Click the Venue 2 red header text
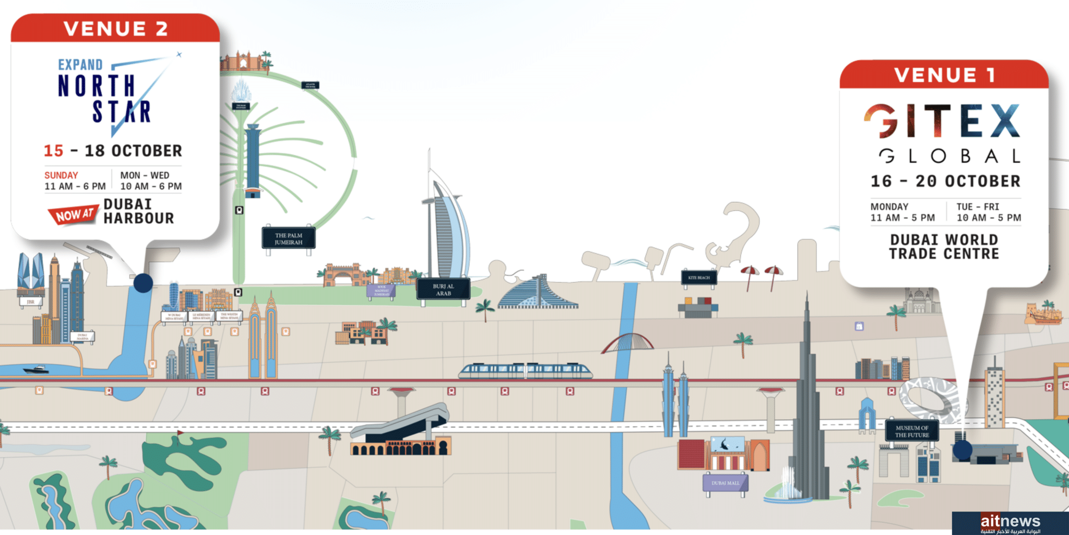(116, 29)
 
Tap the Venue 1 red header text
(944, 75)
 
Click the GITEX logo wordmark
(942, 121)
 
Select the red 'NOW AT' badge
(73, 214)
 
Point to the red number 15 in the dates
(53, 151)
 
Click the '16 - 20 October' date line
(945, 181)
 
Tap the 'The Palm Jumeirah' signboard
(289, 239)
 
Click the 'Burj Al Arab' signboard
(443, 289)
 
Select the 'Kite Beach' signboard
(699, 277)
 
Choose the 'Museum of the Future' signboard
(912, 431)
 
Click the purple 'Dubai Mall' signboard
(726, 483)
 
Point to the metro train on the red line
(526, 371)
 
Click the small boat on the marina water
(36, 370)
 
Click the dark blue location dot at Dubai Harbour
(143, 283)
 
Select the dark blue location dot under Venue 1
(962, 449)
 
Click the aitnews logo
(1010, 522)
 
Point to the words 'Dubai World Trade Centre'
(944, 247)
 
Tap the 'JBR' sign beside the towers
(30, 302)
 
